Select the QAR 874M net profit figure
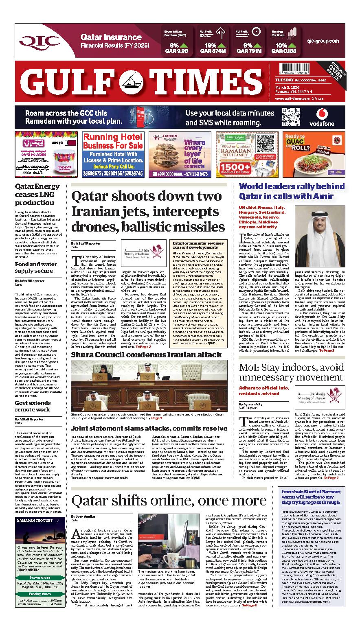(x=211, y=51)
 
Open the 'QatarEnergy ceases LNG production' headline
(x=37, y=194)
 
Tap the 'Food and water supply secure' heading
(x=36, y=267)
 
